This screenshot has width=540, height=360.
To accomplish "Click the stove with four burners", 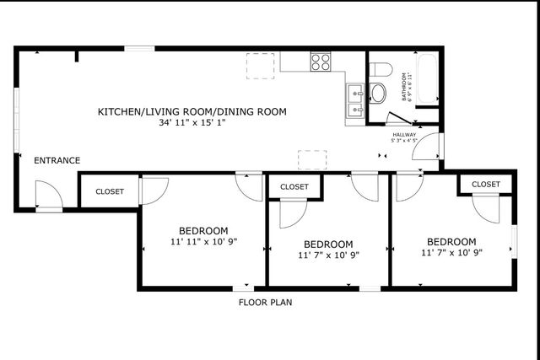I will point(320,62).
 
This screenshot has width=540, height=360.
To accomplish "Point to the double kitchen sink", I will point(354,99).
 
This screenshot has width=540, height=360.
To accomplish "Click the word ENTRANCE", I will point(57,160).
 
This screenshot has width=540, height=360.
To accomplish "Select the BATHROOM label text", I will point(404,86).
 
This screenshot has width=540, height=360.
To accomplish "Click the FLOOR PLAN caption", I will point(266,301).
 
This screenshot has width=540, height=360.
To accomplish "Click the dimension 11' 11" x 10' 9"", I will point(203,241).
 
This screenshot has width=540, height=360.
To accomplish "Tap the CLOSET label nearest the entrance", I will point(110,191).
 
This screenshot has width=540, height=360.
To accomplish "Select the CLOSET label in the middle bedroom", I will point(294,186).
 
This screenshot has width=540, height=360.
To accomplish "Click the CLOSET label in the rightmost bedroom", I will point(485,184).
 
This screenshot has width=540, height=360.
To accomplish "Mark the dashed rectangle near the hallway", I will point(312,159).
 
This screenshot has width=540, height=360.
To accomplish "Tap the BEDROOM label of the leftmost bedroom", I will point(203,230).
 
